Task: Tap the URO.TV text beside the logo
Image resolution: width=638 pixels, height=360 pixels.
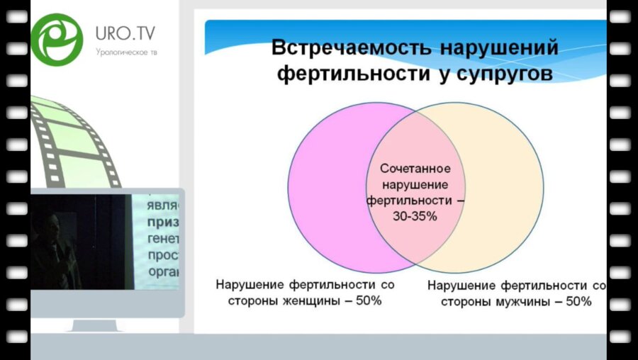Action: click(x=126, y=33)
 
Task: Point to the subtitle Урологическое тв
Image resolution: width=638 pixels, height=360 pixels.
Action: click(x=126, y=52)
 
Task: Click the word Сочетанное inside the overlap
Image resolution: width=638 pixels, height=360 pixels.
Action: click(x=414, y=169)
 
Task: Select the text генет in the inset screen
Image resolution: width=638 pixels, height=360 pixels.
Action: click(x=164, y=238)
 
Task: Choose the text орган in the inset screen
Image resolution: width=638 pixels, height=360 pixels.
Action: click(x=164, y=270)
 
